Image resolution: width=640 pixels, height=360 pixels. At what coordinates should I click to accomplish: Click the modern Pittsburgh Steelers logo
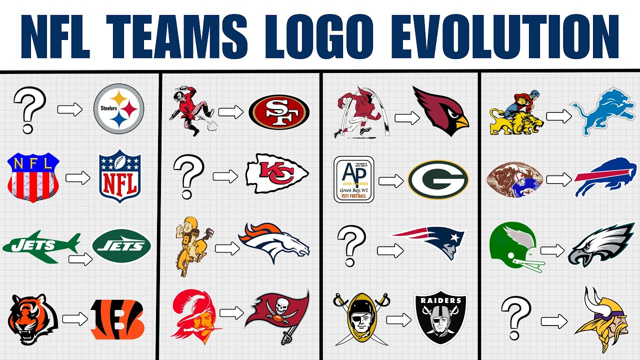click(x=119, y=108)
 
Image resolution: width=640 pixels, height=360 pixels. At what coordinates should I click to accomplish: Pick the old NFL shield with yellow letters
click(x=33, y=177)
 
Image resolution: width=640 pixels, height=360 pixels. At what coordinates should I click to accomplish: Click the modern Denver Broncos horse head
click(x=274, y=242)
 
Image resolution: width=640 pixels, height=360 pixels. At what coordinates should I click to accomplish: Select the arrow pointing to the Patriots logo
click(x=390, y=250)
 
